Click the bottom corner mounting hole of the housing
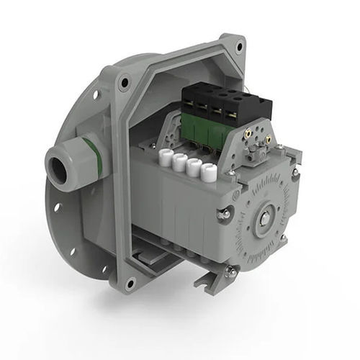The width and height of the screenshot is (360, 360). coord(130,282)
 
